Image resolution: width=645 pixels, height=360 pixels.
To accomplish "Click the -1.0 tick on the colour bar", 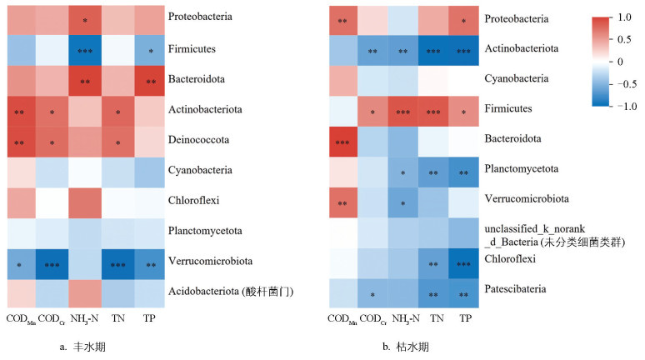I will point(626,106).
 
